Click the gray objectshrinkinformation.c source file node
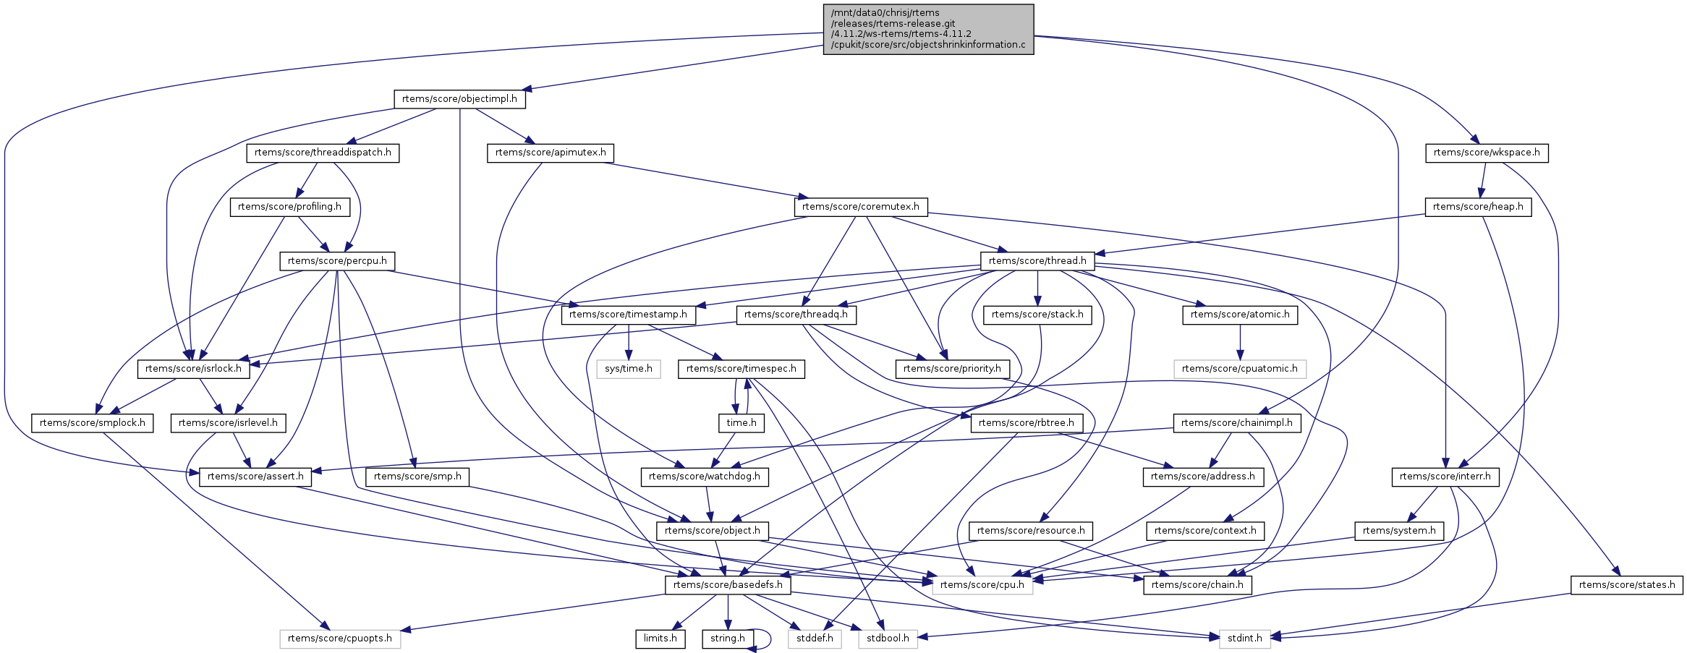point(928,29)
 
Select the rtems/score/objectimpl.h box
point(459,99)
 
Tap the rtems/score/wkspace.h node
point(1487,153)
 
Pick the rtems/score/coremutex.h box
point(860,207)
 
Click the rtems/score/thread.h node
point(1037,261)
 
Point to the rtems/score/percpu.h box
point(337,261)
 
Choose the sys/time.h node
point(628,369)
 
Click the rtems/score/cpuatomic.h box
point(1239,369)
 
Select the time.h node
point(741,423)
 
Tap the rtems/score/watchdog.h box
point(704,477)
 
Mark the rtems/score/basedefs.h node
point(727,585)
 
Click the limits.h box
point(660,639)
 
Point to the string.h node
point(727,639)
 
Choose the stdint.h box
point(1244,639)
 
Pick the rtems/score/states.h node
point(1626,585)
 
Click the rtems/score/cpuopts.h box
point(339,639)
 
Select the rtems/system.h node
point(1398,531)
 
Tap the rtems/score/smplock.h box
point(92,423)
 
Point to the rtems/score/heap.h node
point(1477,207)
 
